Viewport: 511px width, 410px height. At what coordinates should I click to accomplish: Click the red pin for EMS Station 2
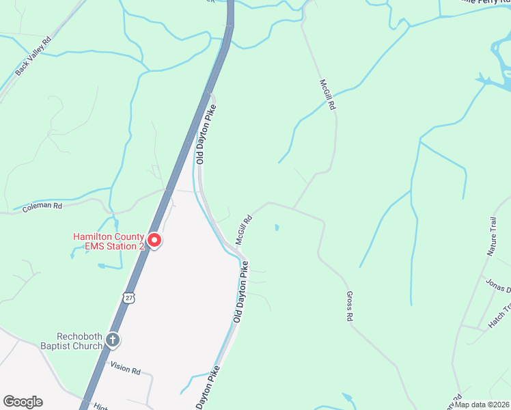click(154, 241)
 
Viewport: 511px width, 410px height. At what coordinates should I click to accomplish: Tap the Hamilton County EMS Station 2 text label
click(109, 241)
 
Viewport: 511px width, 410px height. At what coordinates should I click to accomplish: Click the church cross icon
click(113, 339)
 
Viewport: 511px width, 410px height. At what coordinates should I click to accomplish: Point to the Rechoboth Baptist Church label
click(81, 340)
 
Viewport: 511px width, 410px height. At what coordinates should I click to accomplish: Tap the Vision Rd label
click(126, 371)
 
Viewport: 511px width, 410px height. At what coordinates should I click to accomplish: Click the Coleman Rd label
click(42, 205)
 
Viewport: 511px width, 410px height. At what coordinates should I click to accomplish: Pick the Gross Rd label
click(349, 306)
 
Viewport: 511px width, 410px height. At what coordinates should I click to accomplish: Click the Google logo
click(23, 402)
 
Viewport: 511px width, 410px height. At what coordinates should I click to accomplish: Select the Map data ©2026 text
click(482, 404)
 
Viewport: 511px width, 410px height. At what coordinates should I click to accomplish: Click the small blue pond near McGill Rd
click(276, 227)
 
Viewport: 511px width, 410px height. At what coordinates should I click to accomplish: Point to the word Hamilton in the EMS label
click(92, 236)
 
